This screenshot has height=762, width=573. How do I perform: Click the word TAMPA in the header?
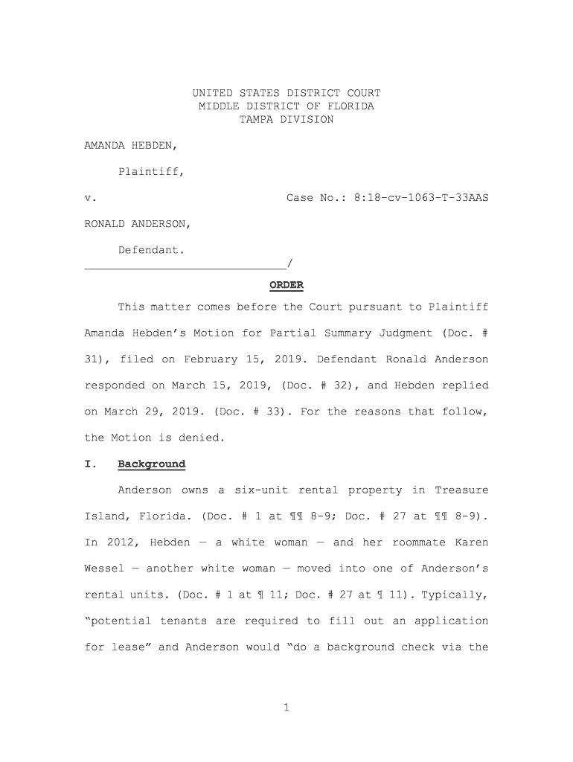pyautogui.click(x=256, y=120)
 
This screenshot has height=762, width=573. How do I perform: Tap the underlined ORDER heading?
pyautogui.click(x=286, y=286)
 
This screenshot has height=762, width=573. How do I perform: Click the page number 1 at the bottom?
pyautogui.click(x=286, y=708)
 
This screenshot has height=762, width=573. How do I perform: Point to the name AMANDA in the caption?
pyautogui.click(x=105, y=146)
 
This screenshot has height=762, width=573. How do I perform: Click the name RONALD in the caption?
pyautogui.click(x=105, y=224)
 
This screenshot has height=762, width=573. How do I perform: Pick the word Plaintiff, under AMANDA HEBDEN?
pyautogui.click(x=151, y=172)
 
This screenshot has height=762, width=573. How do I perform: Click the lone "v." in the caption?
pyautogui.click(x=88, y=198)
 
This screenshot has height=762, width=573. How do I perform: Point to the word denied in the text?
pyautogui.click(x=199, y=438)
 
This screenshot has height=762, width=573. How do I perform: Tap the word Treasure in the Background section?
pyautogui.click(x=461, y=490)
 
